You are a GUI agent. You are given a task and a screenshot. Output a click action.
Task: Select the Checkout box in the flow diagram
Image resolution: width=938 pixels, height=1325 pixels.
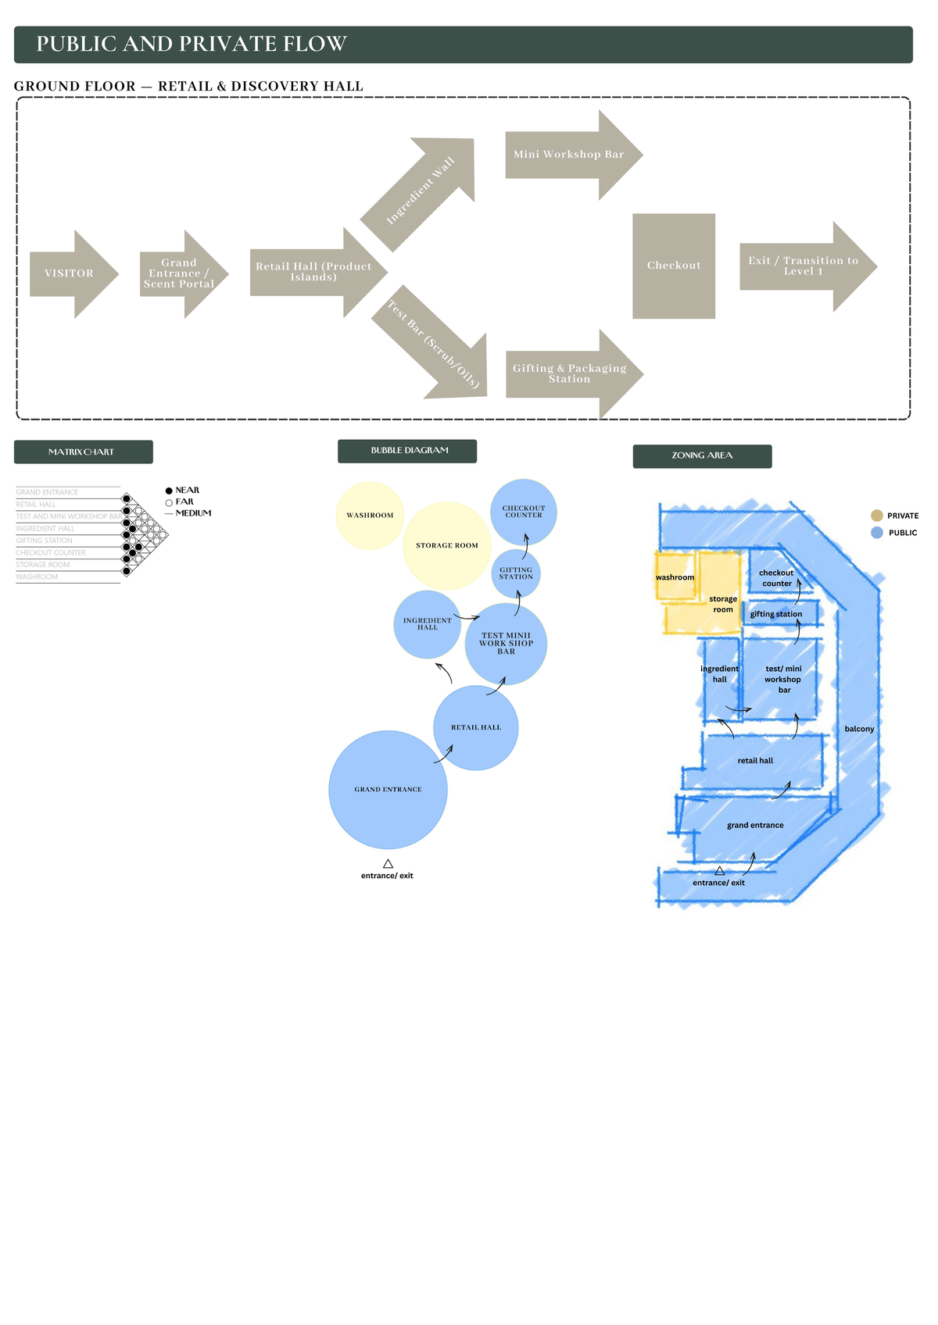(x=674, y=266)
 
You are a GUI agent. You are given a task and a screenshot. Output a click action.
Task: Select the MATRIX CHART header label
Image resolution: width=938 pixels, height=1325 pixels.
(x=83, y=452)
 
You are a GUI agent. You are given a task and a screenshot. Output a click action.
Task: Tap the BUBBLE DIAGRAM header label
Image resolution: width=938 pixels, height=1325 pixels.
(x=407, y=451)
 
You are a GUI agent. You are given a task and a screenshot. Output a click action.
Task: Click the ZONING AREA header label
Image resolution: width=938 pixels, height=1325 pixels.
(x=702, y=455)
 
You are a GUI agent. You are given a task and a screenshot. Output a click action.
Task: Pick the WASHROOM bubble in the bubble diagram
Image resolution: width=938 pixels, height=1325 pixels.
(x=370, y=516)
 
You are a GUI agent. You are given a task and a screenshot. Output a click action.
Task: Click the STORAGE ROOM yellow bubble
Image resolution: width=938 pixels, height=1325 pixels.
(x=446, y=545)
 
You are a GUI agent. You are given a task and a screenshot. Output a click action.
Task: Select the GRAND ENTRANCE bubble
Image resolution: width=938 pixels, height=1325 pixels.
(x=388, y=790)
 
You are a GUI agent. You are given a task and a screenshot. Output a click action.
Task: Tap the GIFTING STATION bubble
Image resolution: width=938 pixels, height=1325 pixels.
(x=516, y=573)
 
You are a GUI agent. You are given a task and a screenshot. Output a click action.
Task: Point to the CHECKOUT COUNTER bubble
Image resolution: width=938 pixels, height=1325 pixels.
(x=524, y=512)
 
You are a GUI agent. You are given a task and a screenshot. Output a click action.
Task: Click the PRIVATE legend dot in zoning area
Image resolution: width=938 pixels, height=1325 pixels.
(x=877, y=516)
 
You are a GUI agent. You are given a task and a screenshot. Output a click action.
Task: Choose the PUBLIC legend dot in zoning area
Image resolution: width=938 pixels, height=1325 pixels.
(x=877, y=533)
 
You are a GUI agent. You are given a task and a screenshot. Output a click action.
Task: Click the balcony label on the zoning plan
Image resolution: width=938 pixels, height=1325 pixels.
(x=859, y=729)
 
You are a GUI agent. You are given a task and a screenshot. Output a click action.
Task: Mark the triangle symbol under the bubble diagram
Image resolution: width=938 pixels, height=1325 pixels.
(x=388, y=863)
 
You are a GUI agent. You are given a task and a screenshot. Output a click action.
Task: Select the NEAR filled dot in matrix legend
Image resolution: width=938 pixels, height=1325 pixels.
(x=169, y=491)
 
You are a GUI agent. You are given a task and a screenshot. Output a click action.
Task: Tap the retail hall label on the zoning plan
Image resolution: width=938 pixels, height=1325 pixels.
(x=755, y=761)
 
